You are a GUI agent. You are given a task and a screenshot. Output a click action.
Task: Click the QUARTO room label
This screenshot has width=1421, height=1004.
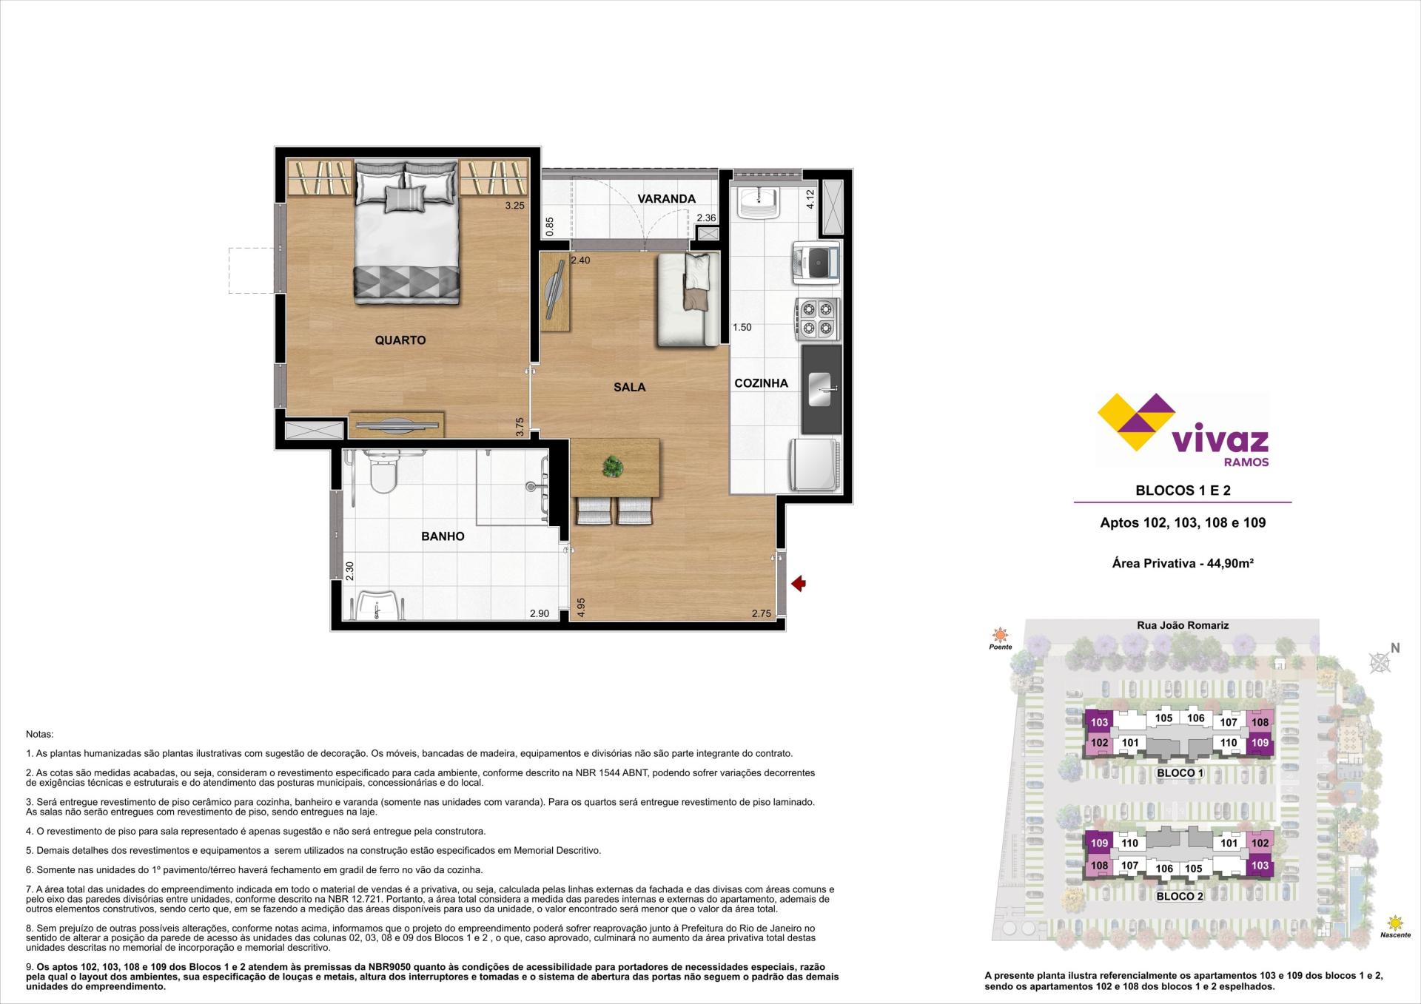coord(400,340)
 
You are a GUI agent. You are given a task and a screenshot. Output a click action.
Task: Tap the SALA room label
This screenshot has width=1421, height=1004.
coord(629,387)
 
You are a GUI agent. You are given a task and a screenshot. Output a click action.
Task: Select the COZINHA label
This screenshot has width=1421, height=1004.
coord(761,383)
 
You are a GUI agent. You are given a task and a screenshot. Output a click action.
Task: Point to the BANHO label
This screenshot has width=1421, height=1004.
coord(443,536)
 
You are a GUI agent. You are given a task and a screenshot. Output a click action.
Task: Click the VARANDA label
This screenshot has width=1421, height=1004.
coord(666,199)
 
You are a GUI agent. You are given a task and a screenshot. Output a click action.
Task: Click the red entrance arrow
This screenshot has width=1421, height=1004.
coord(799,584)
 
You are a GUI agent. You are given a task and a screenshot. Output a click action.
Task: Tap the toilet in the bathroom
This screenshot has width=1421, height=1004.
coord(383,474)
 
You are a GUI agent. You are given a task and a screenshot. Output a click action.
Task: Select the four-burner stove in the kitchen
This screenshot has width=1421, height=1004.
coord(817,318)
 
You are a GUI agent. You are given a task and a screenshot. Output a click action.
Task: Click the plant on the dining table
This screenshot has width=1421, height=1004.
coord(612,467)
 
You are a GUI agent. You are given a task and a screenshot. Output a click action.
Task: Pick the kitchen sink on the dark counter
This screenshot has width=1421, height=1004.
coord(821,389)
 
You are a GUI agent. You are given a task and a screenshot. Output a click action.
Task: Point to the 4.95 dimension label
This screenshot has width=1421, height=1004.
coord(581,607)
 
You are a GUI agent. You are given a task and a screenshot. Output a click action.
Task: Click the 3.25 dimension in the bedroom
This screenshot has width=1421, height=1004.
coord(514,206)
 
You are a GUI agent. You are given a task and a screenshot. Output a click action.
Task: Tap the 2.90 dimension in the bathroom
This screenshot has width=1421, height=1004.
coord(539,613)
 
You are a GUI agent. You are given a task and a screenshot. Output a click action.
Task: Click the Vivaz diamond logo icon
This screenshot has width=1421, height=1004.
coord(1135,422)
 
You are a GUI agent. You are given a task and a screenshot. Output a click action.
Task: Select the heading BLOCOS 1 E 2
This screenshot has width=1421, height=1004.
coord(1183,490)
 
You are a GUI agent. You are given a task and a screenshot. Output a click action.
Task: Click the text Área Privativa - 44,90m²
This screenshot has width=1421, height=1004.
coord(1183,563)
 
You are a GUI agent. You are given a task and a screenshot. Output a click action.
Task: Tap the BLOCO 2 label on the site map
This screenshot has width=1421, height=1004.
coord(1180,897)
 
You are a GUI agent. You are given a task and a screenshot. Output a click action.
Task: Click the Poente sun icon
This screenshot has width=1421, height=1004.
coord(1001,635)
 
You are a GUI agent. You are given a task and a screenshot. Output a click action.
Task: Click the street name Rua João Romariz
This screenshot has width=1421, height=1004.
coord(1183,625)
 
